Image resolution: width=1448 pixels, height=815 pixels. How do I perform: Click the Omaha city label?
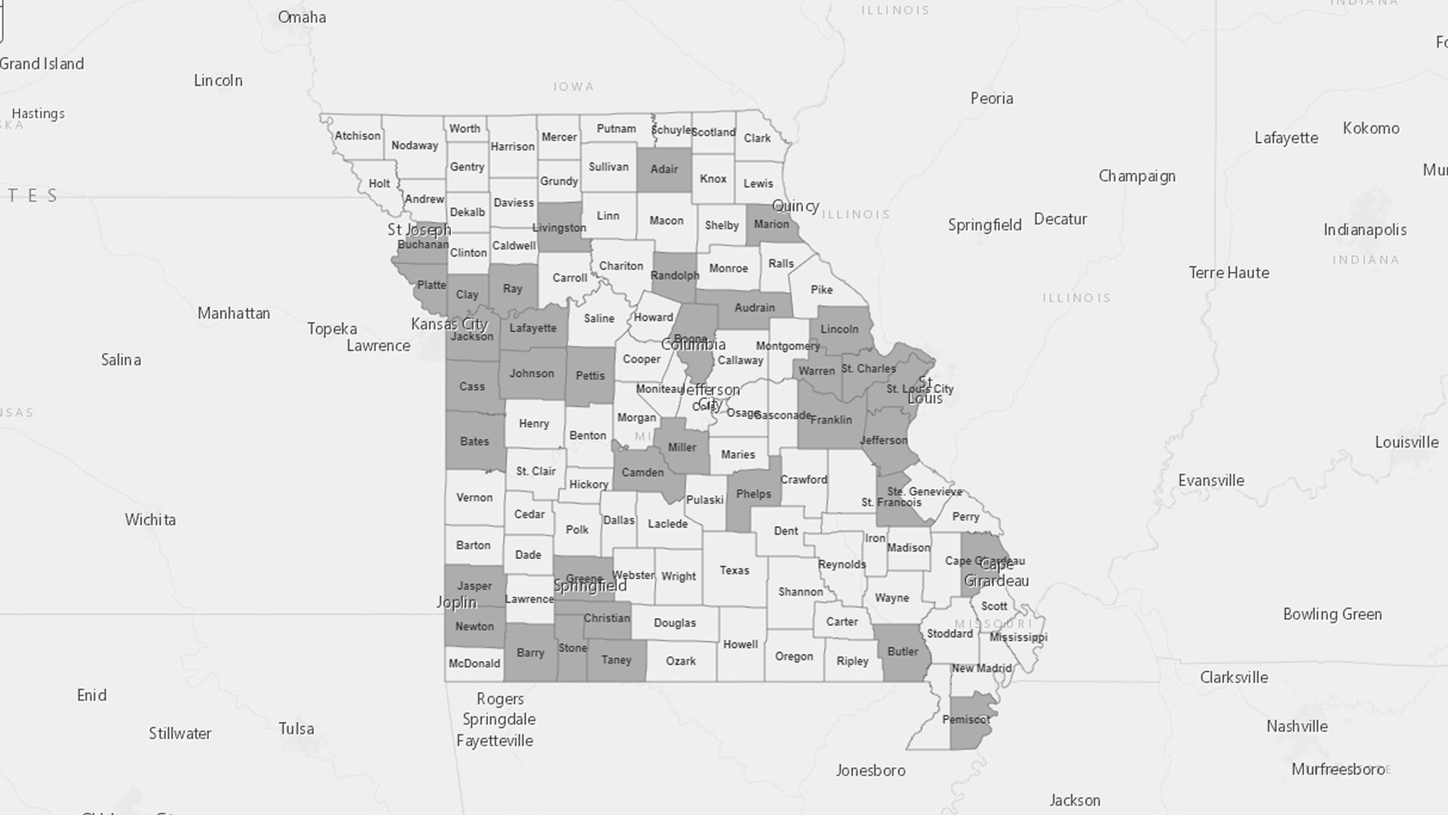[302, 17]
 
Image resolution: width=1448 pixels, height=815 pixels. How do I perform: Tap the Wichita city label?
[150, 520]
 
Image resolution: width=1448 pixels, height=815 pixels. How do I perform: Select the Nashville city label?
[1296, 727]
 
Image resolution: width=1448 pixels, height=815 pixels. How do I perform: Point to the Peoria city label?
[991, 99]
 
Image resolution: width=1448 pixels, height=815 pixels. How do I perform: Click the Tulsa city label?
[296, 729]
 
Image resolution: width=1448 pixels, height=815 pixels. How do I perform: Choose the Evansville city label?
[1210, 481]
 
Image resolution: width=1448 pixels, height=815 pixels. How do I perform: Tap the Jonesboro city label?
[870, 770]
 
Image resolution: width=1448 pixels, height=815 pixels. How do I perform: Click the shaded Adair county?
[664, 169]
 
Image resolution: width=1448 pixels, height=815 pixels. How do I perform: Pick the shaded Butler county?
[903, 653]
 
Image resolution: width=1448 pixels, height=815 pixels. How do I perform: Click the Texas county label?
[734, 570]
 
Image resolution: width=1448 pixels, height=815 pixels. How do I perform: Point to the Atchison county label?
[357, 136]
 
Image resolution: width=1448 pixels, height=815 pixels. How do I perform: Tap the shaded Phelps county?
[753, 494]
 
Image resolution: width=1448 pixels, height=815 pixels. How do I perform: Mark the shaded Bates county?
[474, 441]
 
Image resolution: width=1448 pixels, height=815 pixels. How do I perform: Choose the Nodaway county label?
[414, 146]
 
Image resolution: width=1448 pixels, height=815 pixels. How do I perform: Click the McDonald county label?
[474, 664]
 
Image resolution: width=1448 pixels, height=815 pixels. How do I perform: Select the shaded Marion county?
[771, 225]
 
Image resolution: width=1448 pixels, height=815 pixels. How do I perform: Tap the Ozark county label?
[680, 661]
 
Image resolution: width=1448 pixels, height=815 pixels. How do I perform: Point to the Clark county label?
[756, 138]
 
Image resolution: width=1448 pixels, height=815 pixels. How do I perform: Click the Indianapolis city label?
[1364, 230]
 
